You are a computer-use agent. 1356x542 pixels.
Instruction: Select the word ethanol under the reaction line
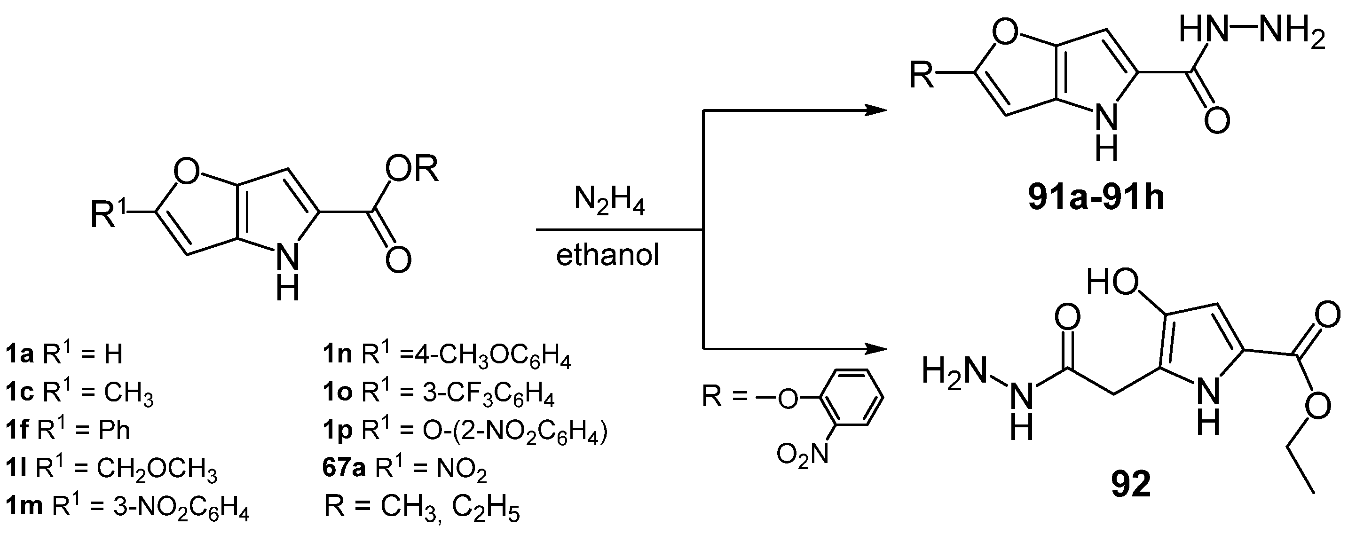[x=607, y=256]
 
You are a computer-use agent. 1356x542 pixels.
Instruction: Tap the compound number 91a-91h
[x=1096, y=199]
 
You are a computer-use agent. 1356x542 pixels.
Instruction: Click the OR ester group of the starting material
[x=412, y=170]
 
